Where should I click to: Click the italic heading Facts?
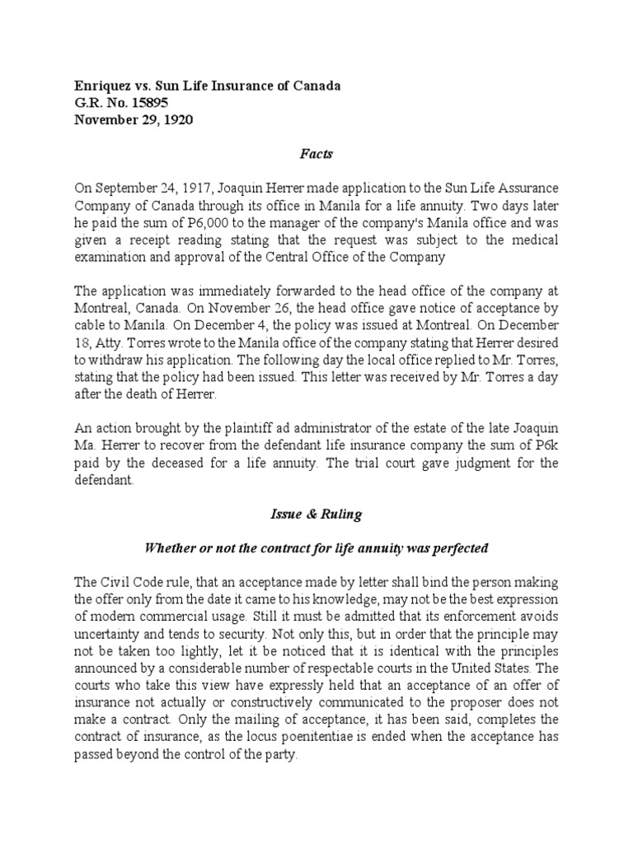click(x=316, y=154)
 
